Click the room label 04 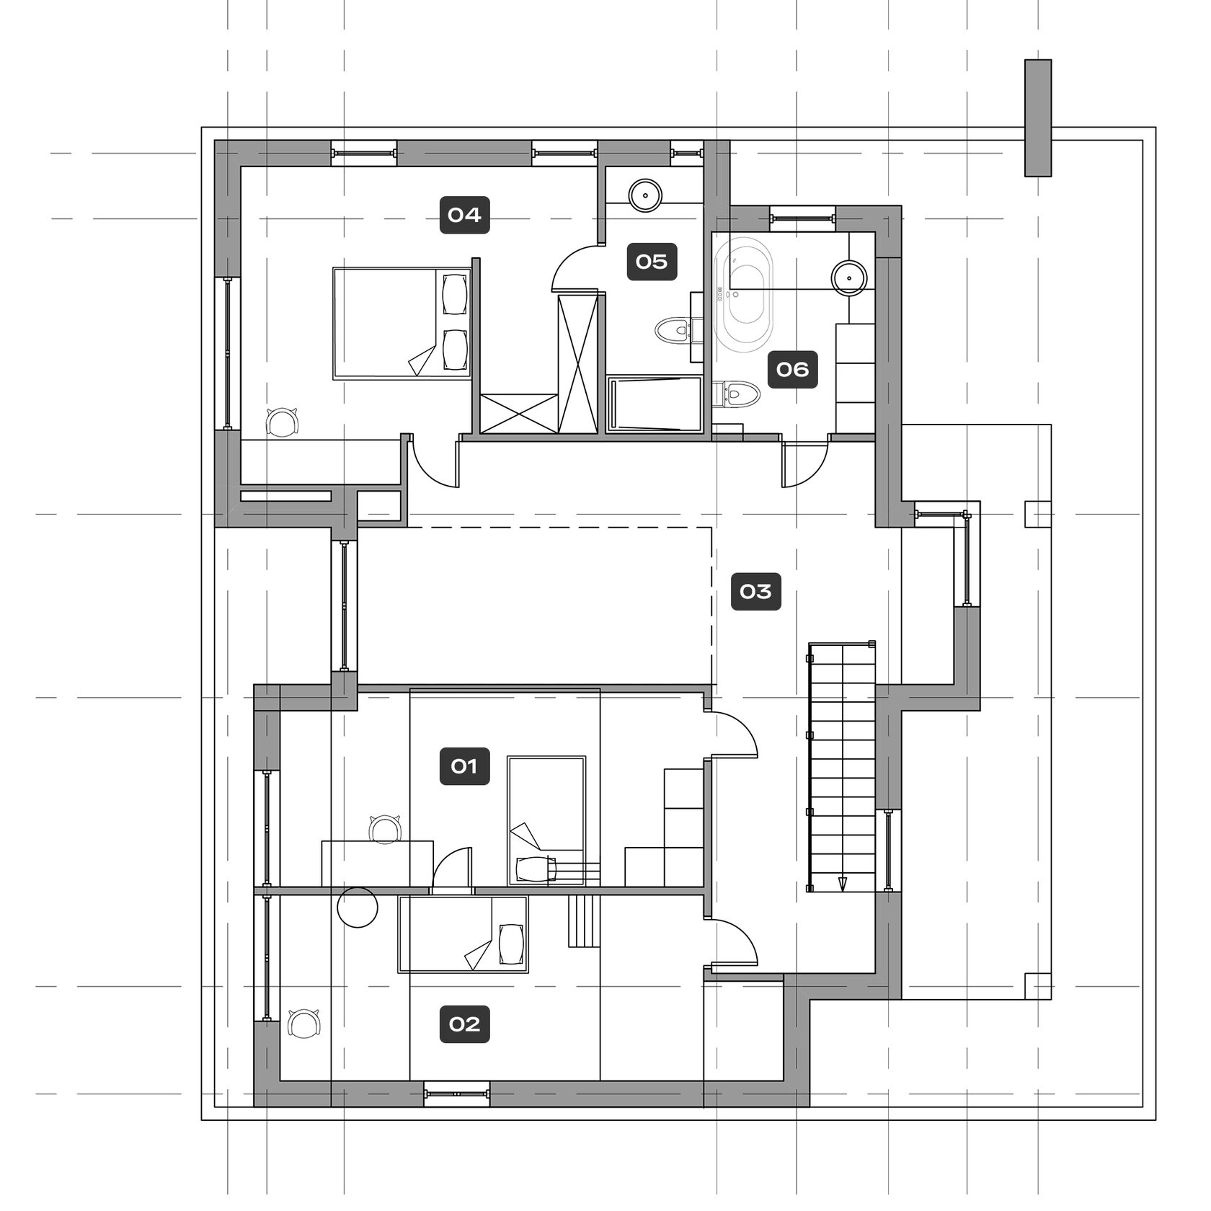point(465,215)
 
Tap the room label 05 point(652,262)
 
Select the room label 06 point(792,370)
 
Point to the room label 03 point(755,592)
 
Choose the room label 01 point(465,766)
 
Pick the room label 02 point(465,1024)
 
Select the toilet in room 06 point(736,394)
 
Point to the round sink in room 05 point(645,195)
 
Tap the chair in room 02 point(304,1024)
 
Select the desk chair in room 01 point(385,828)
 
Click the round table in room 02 point(358,908)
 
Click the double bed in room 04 point(402,323)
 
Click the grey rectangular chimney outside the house point(1038,117)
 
